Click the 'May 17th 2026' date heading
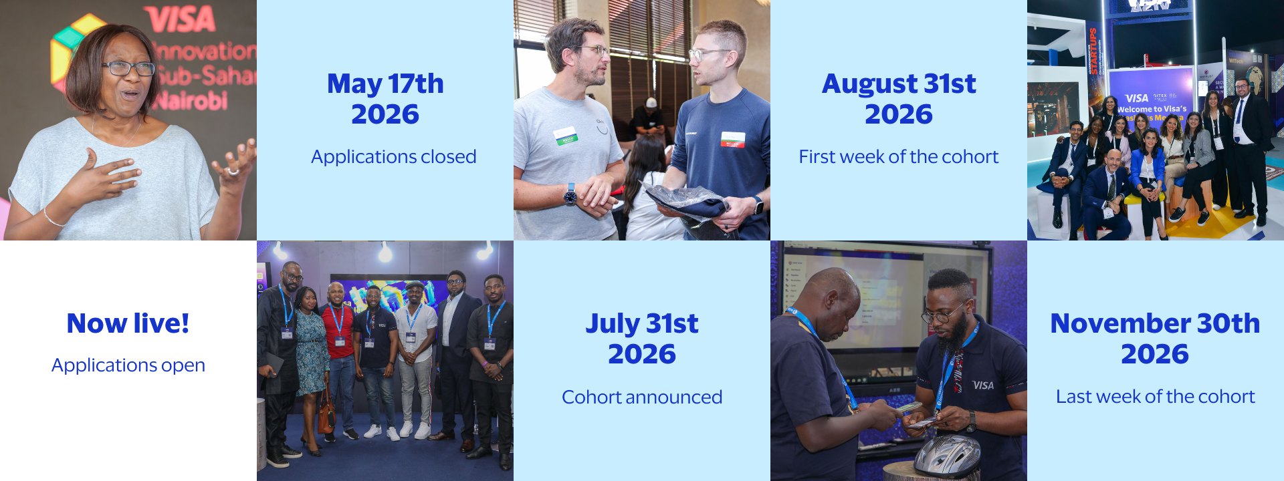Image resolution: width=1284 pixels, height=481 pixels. (385, 99)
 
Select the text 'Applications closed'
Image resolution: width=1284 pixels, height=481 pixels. (393, 157)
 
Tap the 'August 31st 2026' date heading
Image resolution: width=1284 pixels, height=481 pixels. (898, 99)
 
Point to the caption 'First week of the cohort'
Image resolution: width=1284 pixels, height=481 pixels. (898, 157)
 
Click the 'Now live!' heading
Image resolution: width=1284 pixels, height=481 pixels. (128, 323)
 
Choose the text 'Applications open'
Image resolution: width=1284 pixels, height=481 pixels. (128, 365)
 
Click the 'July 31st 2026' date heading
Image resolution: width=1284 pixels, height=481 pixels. (641, 339)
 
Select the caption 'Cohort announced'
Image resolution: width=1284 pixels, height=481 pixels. (641, 397)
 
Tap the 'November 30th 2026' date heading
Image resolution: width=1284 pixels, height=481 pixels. (1155, 339)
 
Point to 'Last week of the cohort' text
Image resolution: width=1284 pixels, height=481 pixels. (1155, 397)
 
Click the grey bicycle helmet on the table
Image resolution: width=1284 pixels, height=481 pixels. (947, 456)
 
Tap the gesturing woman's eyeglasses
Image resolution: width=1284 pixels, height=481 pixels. (128, 68)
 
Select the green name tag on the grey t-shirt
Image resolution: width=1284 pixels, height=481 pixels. (565, 136)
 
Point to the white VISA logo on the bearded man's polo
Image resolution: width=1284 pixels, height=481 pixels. (982, 385)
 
